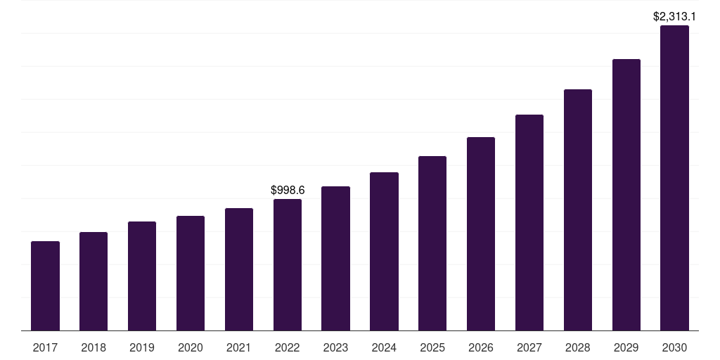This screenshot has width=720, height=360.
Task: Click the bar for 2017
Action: [x=45, y=285]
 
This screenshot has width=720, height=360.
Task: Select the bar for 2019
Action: [x=142, y=276]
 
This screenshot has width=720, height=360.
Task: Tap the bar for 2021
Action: [x=239, y=269]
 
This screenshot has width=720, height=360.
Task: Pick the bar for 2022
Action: [x=288, y=264]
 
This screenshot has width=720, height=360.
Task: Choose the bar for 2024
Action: [x=384, y=251]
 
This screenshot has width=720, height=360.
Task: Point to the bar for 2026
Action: [x=481, y=233]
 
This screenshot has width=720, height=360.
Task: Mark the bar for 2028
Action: [x=578, y=210]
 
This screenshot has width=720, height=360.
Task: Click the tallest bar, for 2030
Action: [x=674, y=178]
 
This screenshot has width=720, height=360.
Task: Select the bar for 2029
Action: [x=626, y=195]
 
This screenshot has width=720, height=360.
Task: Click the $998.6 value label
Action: [x=288, y=190]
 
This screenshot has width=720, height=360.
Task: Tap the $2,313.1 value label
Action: [x=674, y=16]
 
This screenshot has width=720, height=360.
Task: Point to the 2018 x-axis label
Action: [x=94, y=347]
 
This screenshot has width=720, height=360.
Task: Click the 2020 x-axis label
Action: [x=191, y=347]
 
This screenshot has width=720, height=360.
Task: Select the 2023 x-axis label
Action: [x=335, y=347]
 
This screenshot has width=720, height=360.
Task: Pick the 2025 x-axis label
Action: [x=432, y=347]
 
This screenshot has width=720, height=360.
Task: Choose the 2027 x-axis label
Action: [x=529, y=347]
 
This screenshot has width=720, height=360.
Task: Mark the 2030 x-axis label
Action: [x=674, y=347]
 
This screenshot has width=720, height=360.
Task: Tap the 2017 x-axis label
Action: [x=45, y=347]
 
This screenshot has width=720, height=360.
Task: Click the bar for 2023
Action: [x=335, y=258]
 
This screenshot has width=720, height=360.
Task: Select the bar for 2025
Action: [x=432, y=243]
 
